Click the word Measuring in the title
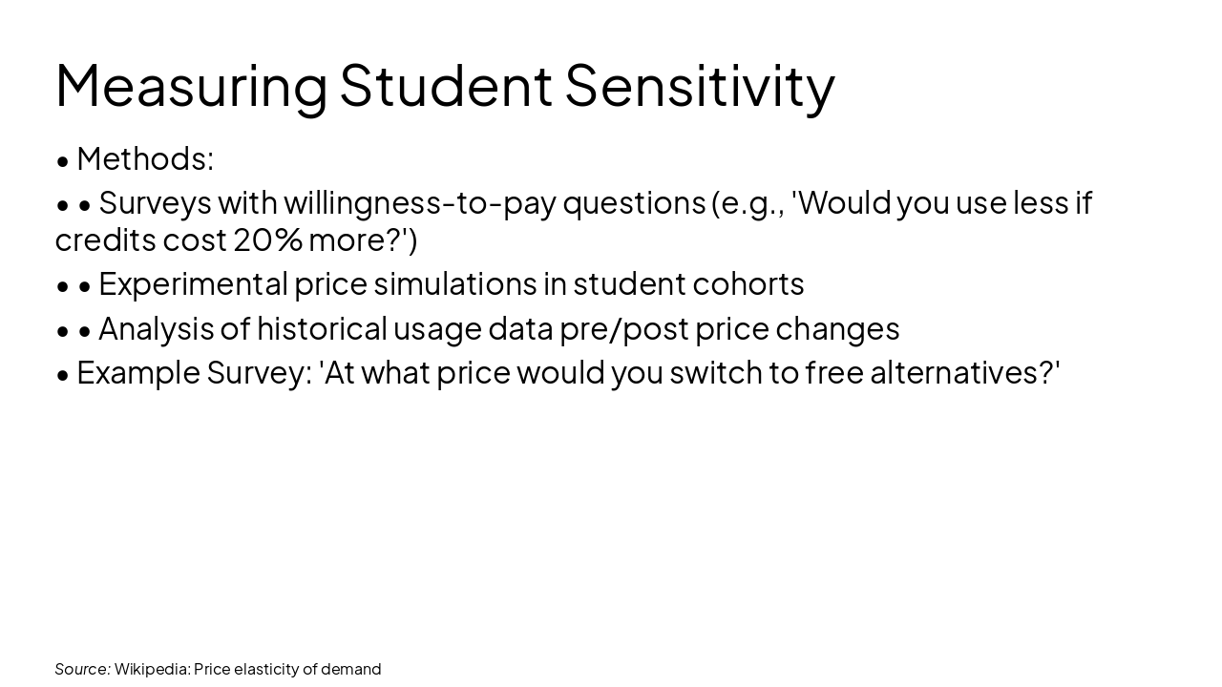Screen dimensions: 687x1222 [191, 86]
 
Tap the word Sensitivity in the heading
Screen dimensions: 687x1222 [700, 86]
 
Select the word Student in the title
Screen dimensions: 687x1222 [446, 86]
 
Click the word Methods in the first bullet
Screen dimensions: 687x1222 [141, 158]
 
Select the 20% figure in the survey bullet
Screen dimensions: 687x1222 [268, 240]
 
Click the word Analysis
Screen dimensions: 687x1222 [156, 328]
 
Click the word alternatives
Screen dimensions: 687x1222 [956, 372]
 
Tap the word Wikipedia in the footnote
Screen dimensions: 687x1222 [151, 669]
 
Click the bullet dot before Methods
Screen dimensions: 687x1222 [63, 160]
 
